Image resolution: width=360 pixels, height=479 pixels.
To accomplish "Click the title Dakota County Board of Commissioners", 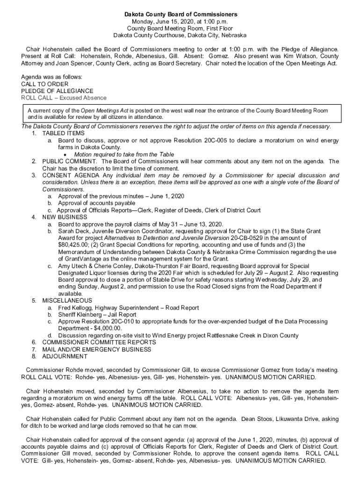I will [x=180, y=15].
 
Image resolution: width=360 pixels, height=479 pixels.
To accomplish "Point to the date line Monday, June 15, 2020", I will [x=180, y=22].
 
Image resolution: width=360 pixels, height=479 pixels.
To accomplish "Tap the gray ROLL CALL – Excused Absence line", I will [x=64, y=98].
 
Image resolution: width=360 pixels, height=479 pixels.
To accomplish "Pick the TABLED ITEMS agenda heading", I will [x=64, y=133].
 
